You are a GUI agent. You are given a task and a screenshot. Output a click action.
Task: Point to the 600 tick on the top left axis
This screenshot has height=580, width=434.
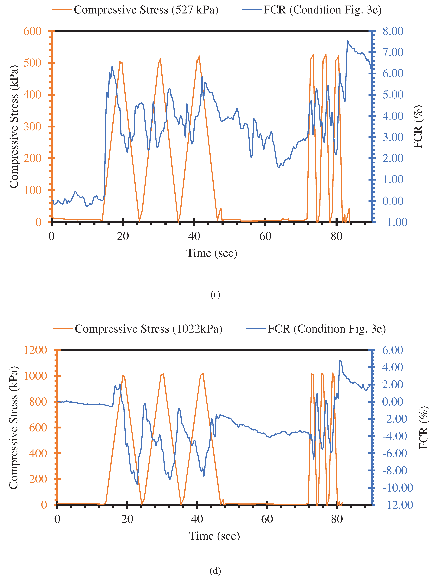(x=33, y=31)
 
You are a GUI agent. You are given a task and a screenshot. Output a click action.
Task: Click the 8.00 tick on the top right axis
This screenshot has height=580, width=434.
(x=393, y=31)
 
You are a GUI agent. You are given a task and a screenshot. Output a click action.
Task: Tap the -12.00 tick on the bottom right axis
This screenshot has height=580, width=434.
(x=397, y=505)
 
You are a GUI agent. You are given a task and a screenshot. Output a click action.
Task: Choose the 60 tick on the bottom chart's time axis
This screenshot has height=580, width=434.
(x=267, y=519)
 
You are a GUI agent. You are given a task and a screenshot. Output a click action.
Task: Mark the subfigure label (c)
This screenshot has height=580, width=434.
(x=215, y=295)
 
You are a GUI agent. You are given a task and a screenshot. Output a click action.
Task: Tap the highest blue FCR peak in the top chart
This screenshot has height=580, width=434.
(x=347, y=41)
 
